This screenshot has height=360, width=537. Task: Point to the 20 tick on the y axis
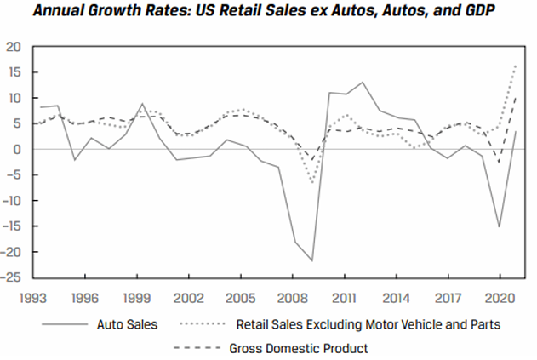[15, 47]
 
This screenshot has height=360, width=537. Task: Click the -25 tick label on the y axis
[13, 277]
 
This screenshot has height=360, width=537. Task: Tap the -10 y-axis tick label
[13, 201]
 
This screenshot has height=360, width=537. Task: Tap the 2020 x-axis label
[498, 299]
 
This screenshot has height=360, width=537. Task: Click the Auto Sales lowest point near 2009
[312, 260]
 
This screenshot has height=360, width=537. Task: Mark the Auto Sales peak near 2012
[362, 83]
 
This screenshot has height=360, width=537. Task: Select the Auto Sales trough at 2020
[499, 227]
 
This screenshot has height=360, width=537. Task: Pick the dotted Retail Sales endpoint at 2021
[516, 66]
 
